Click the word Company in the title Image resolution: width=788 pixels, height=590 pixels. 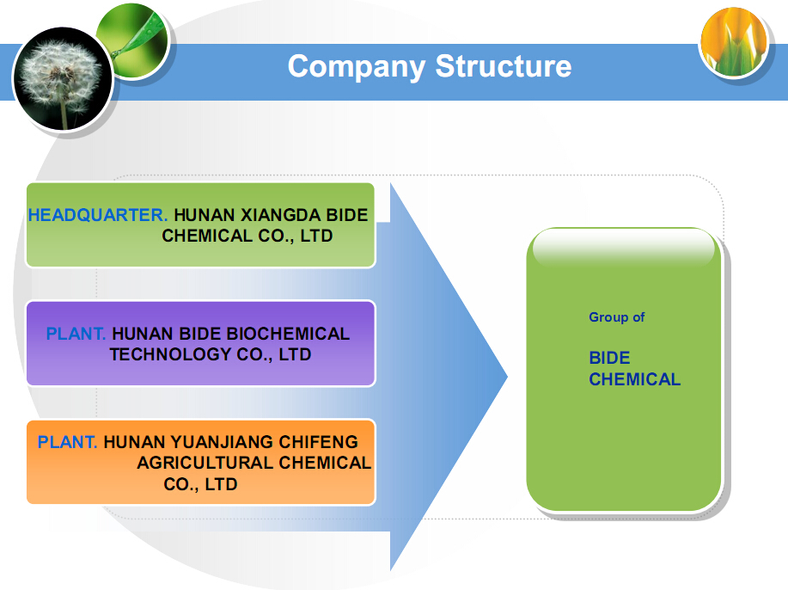point(357,67)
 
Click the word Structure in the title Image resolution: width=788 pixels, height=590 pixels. point(504,65)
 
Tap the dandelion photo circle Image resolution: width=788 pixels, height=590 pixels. point(63,79)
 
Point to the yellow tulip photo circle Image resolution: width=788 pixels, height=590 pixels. point(734,42)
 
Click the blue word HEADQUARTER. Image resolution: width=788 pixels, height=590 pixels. point(97,215)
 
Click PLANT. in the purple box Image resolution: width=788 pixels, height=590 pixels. point(76,334)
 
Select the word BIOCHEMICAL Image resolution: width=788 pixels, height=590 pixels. point(288,334)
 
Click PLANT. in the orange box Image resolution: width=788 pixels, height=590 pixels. point(67,441)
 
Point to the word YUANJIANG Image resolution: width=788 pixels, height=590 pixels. point(223,441)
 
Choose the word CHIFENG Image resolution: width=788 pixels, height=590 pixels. point(319,441)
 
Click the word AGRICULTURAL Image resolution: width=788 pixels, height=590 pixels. point(205,462)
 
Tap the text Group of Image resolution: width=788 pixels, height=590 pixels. point(617,317)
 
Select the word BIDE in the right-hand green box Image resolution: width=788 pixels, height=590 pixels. point(609,358)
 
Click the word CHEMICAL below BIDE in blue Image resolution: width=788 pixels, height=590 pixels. point(635,379)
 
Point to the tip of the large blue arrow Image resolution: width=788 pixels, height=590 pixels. point(508,376)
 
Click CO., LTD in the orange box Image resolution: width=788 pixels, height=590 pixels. point(200,484)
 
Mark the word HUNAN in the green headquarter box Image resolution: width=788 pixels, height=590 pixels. point(205,215)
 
